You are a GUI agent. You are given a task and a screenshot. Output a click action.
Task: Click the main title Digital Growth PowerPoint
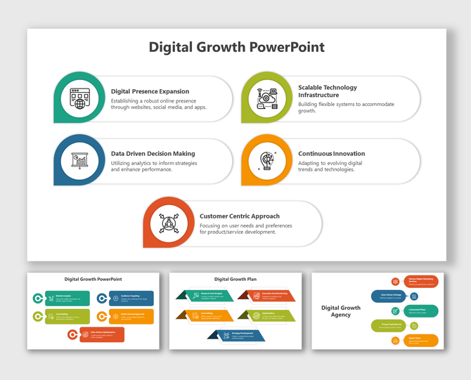coord(236,47)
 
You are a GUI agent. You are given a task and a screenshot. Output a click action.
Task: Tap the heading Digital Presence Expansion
coord(150,91)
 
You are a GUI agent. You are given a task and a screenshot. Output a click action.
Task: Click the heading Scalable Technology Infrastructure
coord(328,91)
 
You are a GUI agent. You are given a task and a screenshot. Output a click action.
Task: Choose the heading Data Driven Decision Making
coord(153,153)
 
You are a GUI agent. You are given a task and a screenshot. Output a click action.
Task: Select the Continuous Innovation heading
coord(331,153)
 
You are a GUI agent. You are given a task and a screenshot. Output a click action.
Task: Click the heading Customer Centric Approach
coord(239,216)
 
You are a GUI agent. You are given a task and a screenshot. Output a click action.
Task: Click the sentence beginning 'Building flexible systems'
coord(346,107)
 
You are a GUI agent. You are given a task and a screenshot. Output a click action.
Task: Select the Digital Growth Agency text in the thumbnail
coord(341,311)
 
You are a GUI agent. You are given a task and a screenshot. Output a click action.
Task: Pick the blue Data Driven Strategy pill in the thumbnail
coord(392,296)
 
